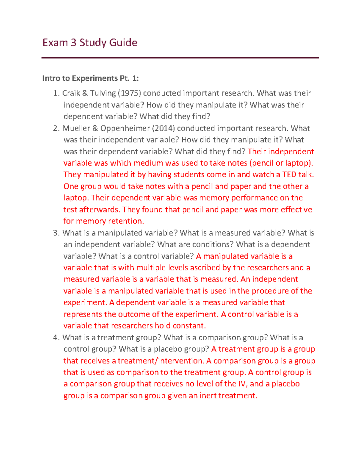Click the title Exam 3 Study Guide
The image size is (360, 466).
click(90, 43)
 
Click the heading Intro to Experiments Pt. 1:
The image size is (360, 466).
click(90, 78)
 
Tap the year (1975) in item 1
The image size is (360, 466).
click(129, 93)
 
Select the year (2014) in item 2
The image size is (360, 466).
click(163, 128)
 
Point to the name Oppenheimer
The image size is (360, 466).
click(125, 128)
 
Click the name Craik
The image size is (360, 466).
click(71, 93)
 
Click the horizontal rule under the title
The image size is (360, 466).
click(180, 58)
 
